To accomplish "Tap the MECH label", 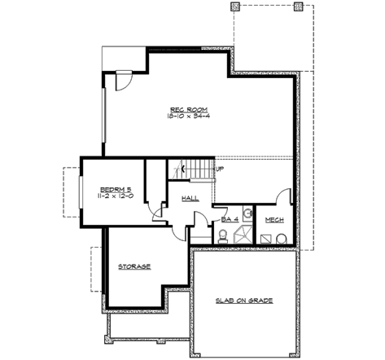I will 274,219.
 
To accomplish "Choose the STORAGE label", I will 134,266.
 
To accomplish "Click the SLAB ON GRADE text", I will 244,301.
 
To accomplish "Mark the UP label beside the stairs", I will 219,169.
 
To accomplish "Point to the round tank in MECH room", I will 280,238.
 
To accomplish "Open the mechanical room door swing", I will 282,199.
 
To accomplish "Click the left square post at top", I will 236,7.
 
